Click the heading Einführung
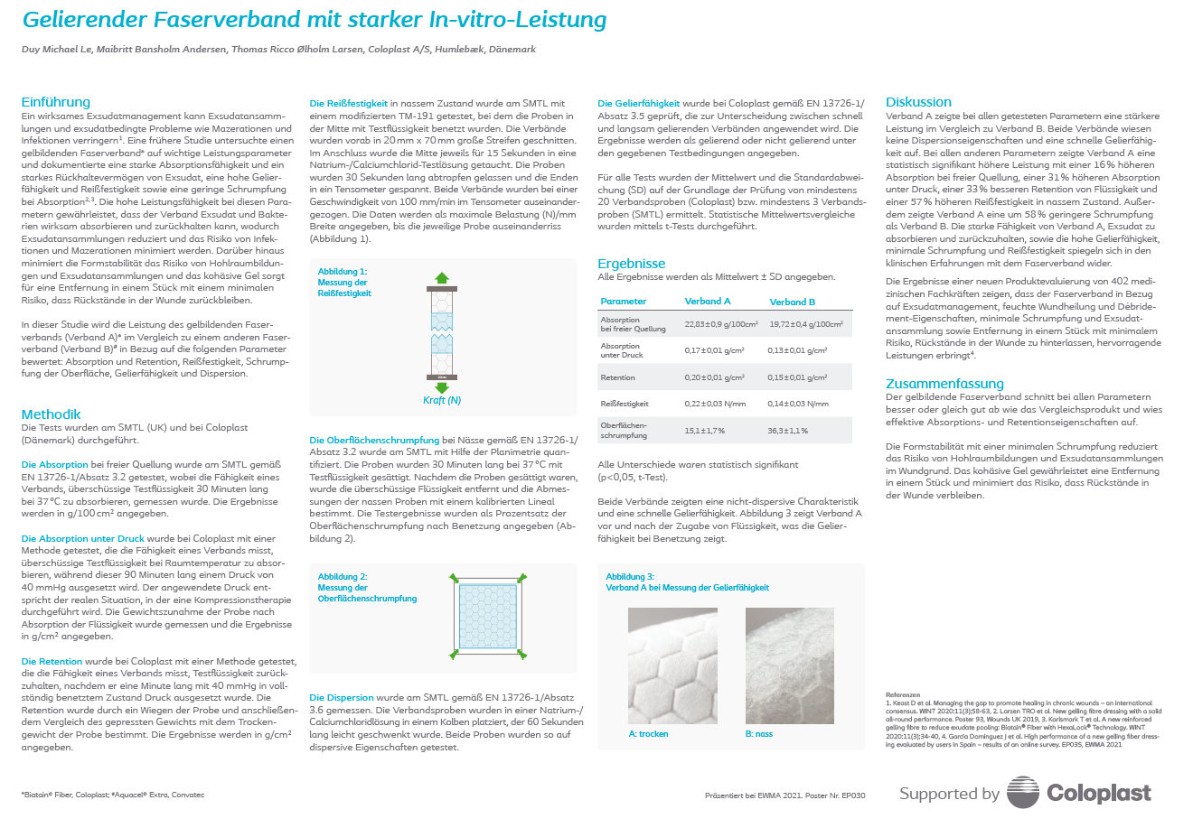tap(56, 102)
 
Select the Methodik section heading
tap(52, 414)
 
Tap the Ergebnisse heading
tap(632, 264)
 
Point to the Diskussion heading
tap(918, 102)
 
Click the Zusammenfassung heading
tap(944, 384)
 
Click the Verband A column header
tap(708, 302)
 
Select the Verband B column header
tap(793, 302)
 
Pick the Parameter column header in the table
tap(624, 302)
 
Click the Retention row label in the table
tap(618, 377)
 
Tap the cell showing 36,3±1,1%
tap(789, 431)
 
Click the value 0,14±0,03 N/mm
tap(799, 404)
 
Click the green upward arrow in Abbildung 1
tap(442, 278)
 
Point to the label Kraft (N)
tap(442, 400)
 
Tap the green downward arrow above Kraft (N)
tap(442, 386)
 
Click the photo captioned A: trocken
tap(672, 665)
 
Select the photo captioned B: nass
tap(790, 665)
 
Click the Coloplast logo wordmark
tap(1099, 794)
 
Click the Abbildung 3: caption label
tap(630, 577)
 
